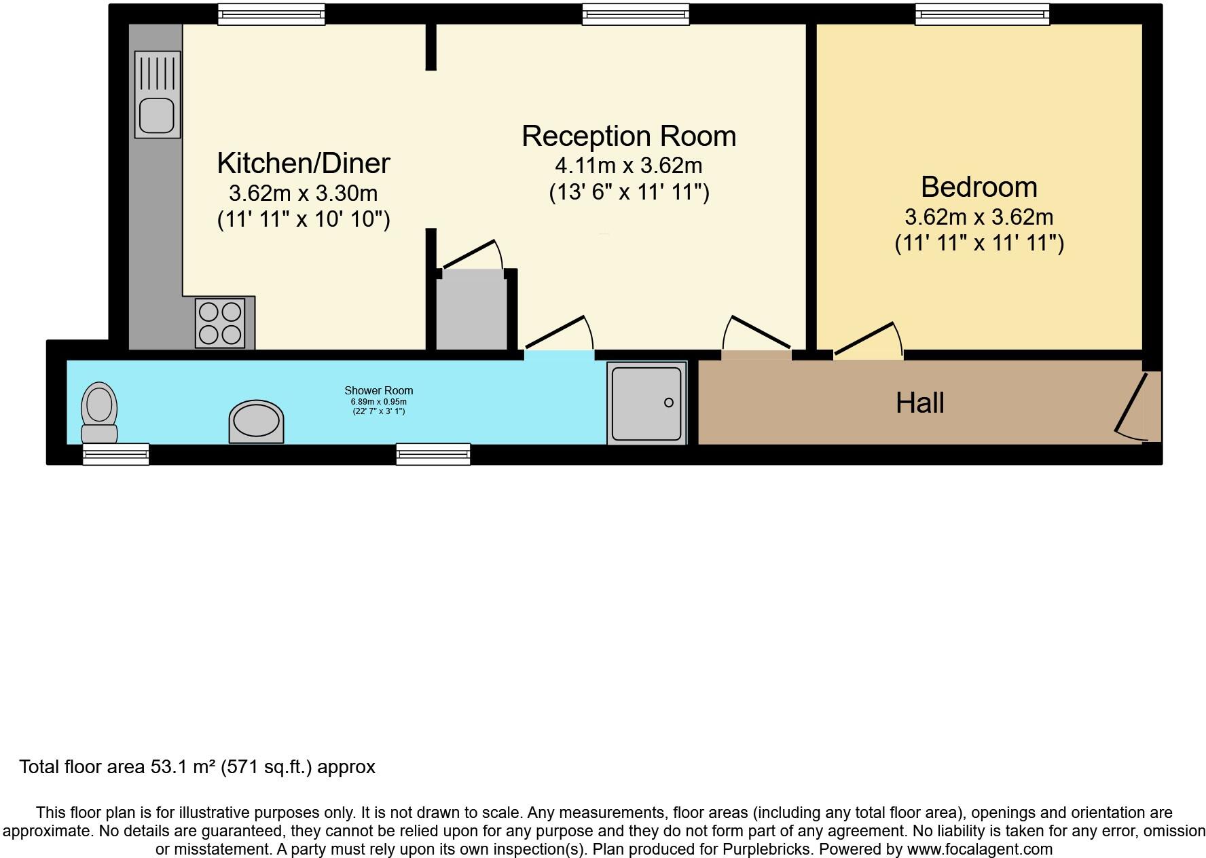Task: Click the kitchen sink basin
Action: pos(157,115)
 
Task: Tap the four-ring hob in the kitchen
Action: pos(219,323)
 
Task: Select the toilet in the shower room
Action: pos(99,413)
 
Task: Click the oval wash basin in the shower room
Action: pos(256,422)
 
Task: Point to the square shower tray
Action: pos(646,403)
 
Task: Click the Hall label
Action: pos(919,403)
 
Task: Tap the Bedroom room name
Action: pos(979,187)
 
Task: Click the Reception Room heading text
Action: pos(628,136)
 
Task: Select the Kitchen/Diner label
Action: pos(303,164)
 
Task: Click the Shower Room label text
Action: pos(378,390)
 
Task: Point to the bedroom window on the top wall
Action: pos(982,14)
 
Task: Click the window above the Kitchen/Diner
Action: pos(271,14)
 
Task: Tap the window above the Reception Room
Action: pos(636,14)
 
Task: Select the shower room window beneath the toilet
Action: pos(115,453)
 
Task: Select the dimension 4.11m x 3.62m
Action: pos(628,166)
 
